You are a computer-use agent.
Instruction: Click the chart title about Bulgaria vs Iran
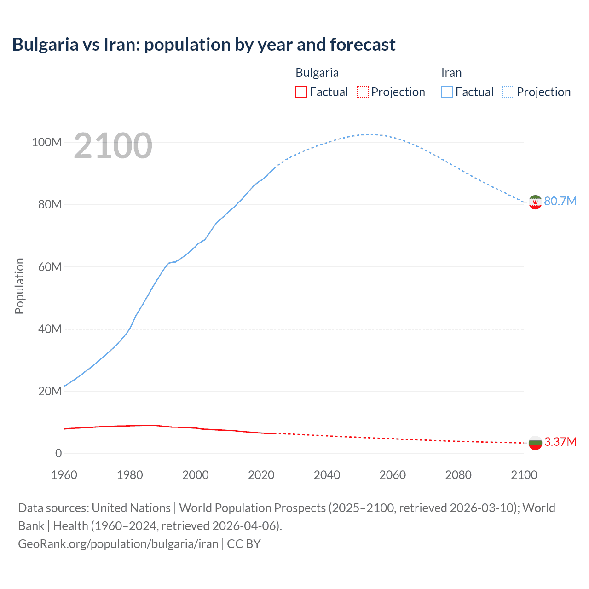point(204,45)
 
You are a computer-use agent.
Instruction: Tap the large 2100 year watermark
point(113,145)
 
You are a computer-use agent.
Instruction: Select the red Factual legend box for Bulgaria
point(301,92)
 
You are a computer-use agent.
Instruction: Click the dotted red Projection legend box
point(363,92)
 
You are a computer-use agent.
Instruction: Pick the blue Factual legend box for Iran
point(446,92)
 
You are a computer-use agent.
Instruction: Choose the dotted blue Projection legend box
point(508,92)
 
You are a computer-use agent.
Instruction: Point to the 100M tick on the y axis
point(46,142)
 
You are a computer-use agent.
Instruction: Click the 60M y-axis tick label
point(50,267)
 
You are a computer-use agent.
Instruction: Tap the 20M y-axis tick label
point(50,391)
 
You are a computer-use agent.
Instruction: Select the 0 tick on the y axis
point(58,453)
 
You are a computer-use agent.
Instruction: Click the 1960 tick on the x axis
point(64,475)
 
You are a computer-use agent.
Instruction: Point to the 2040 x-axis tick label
point(327,475)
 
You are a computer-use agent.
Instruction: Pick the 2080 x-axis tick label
point(458,475)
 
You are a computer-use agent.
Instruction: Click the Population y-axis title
point(19,286)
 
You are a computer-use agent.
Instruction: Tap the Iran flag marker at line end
point(535,202)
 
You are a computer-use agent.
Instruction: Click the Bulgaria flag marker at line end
point(535,443)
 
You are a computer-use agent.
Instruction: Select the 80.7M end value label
point(560,201)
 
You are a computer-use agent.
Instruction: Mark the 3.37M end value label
point(560,442)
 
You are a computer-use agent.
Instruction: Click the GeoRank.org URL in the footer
point(118,544)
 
